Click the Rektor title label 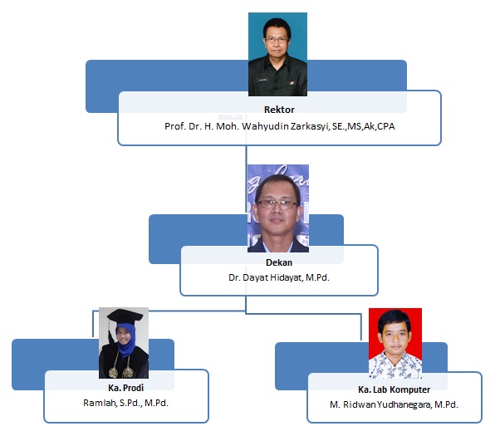coord(279,110)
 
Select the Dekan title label coord(279,262)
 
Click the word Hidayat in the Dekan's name coord(287,277)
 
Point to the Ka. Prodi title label coord(125,388)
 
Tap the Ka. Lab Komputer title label coord(394,389)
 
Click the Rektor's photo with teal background coord(277,54)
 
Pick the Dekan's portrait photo coord(278,208)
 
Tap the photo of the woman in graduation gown coord(124,343)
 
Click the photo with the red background coord(395,344)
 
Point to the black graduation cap coord(125,316)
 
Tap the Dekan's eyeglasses coord(277,204)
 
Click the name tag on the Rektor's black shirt coord(262,80)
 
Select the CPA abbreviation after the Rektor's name coord(385,126)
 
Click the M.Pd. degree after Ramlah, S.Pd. coord(157,403)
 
